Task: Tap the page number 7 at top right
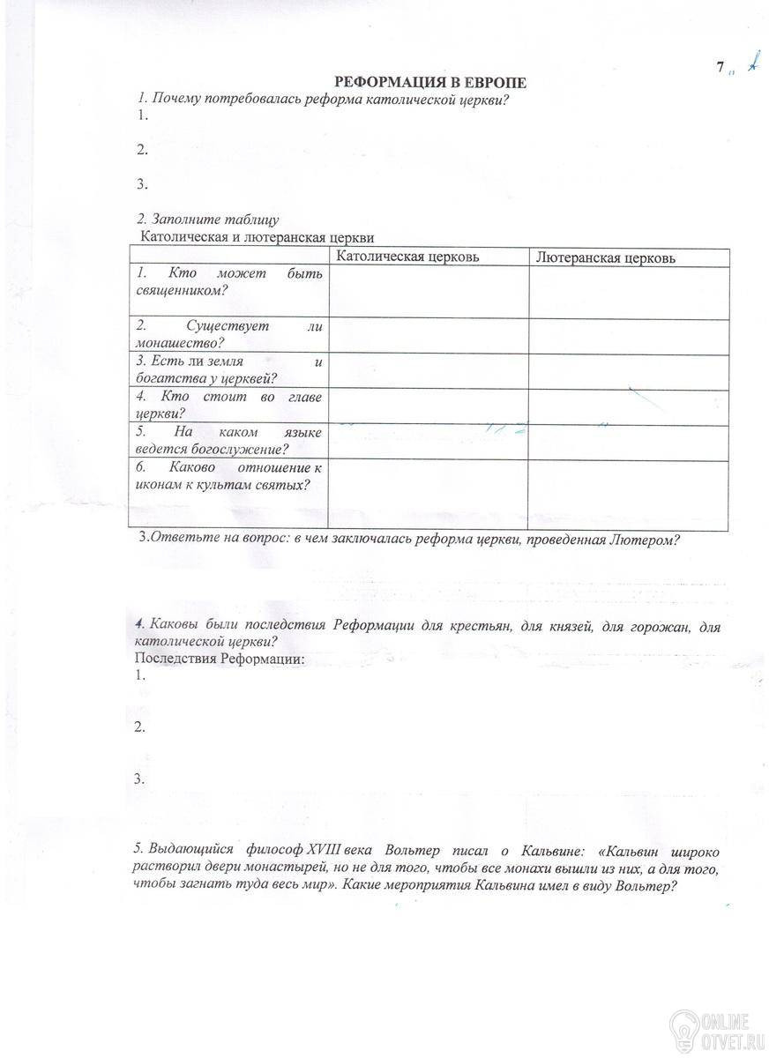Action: pos(720,67)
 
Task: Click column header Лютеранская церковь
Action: pos(608,258)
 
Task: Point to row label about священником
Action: pos(228,281)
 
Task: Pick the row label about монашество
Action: pos(228,334)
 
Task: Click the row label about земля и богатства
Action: pos(228,370)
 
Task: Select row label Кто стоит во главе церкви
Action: pos(228,405)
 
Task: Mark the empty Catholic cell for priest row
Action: pos(427,292)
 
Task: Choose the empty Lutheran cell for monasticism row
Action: pos(629,336)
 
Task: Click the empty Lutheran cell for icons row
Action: pos(629,494)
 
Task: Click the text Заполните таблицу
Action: pos(208,219)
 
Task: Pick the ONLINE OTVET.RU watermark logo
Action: pos(719,1028)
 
